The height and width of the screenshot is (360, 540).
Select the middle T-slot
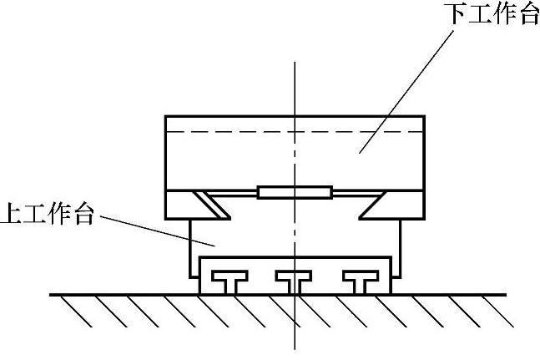[294, 280]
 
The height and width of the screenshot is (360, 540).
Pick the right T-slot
[361, 280]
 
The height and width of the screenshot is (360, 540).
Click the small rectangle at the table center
[294, 192]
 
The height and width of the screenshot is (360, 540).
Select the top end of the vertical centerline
[294, 63]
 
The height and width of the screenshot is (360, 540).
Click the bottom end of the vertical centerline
[294, 349]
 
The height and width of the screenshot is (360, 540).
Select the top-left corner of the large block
[166, 116]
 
